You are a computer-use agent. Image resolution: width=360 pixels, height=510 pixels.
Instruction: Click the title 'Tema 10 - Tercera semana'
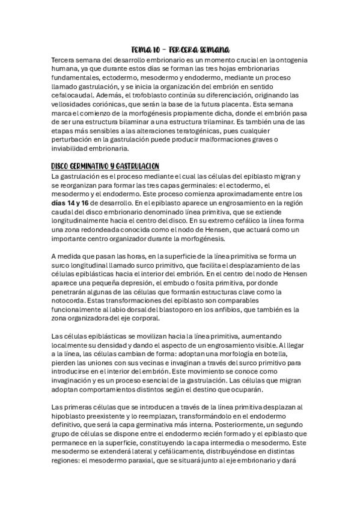point(180,49)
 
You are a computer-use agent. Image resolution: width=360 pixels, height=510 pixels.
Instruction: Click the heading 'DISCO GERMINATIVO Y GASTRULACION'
point(105,166)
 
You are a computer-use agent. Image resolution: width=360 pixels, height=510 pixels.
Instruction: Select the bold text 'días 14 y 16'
point(75,203)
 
